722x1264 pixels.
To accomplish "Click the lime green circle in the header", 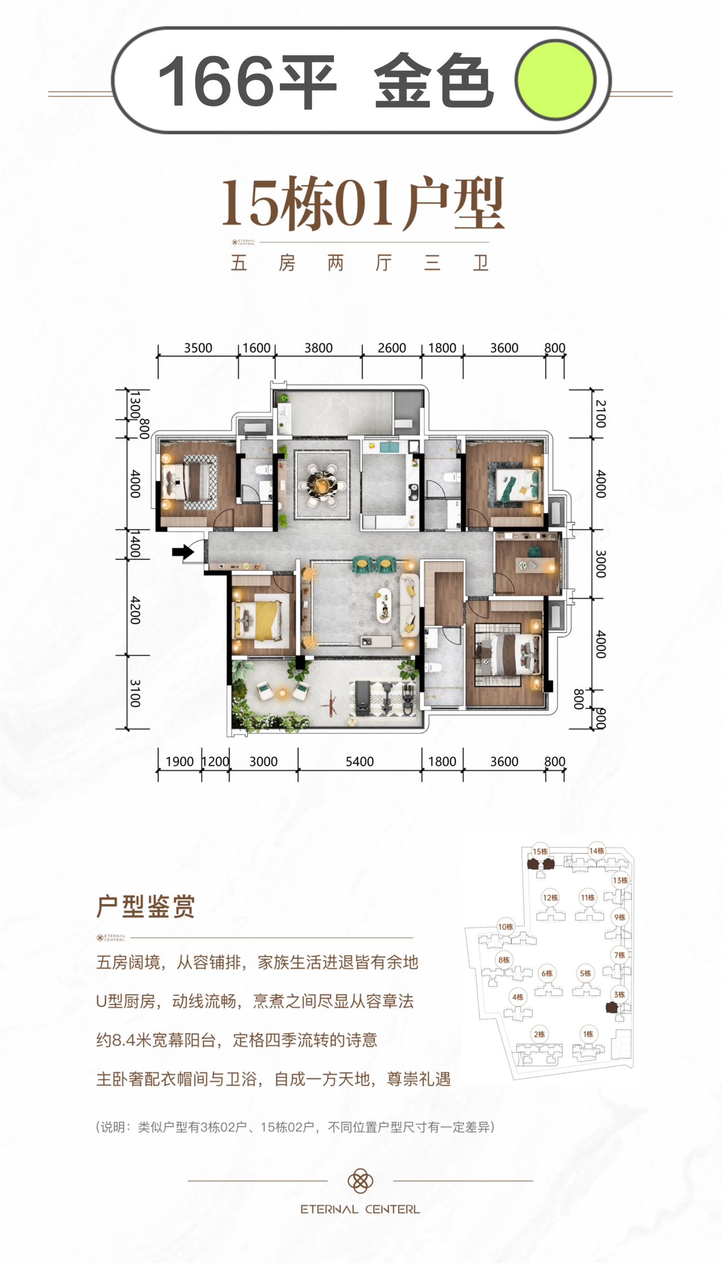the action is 556,79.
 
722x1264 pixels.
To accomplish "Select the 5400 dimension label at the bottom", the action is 360,762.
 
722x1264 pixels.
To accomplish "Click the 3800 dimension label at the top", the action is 319,348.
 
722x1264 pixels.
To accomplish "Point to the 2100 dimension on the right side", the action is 601,414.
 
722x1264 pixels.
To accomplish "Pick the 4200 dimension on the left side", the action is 135,609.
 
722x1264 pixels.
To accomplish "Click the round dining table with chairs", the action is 323,484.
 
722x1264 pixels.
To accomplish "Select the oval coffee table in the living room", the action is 384,606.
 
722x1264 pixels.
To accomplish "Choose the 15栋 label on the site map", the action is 540,851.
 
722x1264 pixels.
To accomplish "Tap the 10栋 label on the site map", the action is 505,926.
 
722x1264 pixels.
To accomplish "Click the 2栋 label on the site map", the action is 539,1034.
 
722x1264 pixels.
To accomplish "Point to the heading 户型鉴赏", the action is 146,907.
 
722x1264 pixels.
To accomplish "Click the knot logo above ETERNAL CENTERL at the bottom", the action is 360,1180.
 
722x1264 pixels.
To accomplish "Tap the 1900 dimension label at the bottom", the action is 180,762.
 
